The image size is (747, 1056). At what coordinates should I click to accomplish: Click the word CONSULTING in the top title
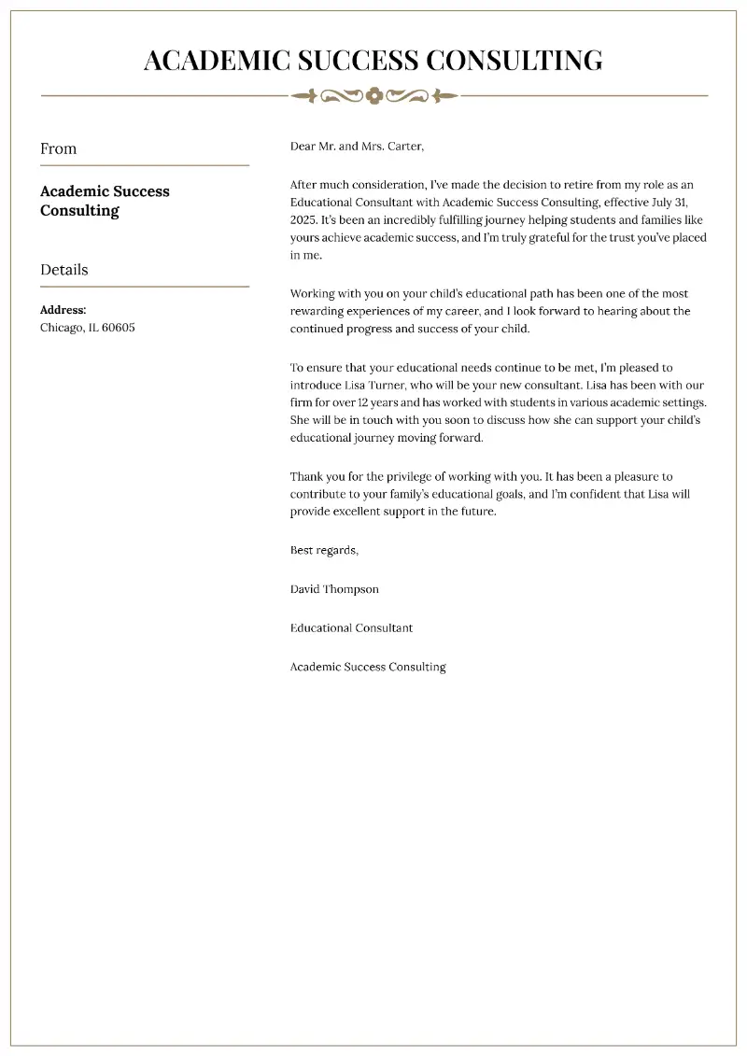pyautogui.click(x=514, y=61)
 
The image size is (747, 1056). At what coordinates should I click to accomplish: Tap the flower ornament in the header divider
pyautogui.click(x=373, y=95)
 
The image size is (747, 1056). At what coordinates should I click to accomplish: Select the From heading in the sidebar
pyautogui.click(x=59, y=148)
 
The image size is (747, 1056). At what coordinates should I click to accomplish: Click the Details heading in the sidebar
pyautogui.click(x=64, y=270)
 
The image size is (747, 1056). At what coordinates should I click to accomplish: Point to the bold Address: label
pyautogui.click(x=63, y=310)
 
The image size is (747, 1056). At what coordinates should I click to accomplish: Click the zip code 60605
pyautogui.click(x=118, y=328)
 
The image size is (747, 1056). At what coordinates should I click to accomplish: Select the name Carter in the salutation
pyautogui.click(x=402, y=147)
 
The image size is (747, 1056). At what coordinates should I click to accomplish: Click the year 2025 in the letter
pyautogui.click(x=303, y=220)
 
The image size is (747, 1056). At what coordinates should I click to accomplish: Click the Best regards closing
pyautogui.click(x=324, y=551)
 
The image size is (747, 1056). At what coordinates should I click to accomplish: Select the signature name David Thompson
pyautogui.click(x=334, y=589)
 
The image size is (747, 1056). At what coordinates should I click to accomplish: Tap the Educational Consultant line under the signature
pyautogui.click(x=351, y=628)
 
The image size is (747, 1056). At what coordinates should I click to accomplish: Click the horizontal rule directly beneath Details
pyautogui.click(x=145, y=287)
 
